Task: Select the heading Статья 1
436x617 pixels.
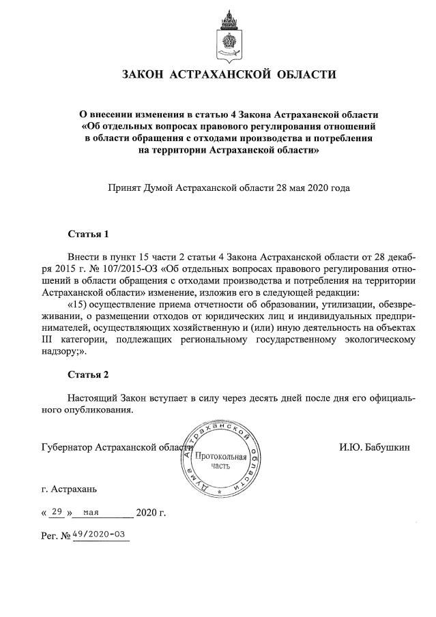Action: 88,235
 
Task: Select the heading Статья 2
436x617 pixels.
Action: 88,374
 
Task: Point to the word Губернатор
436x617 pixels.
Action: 66,447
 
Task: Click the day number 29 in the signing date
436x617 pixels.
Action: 57,511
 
